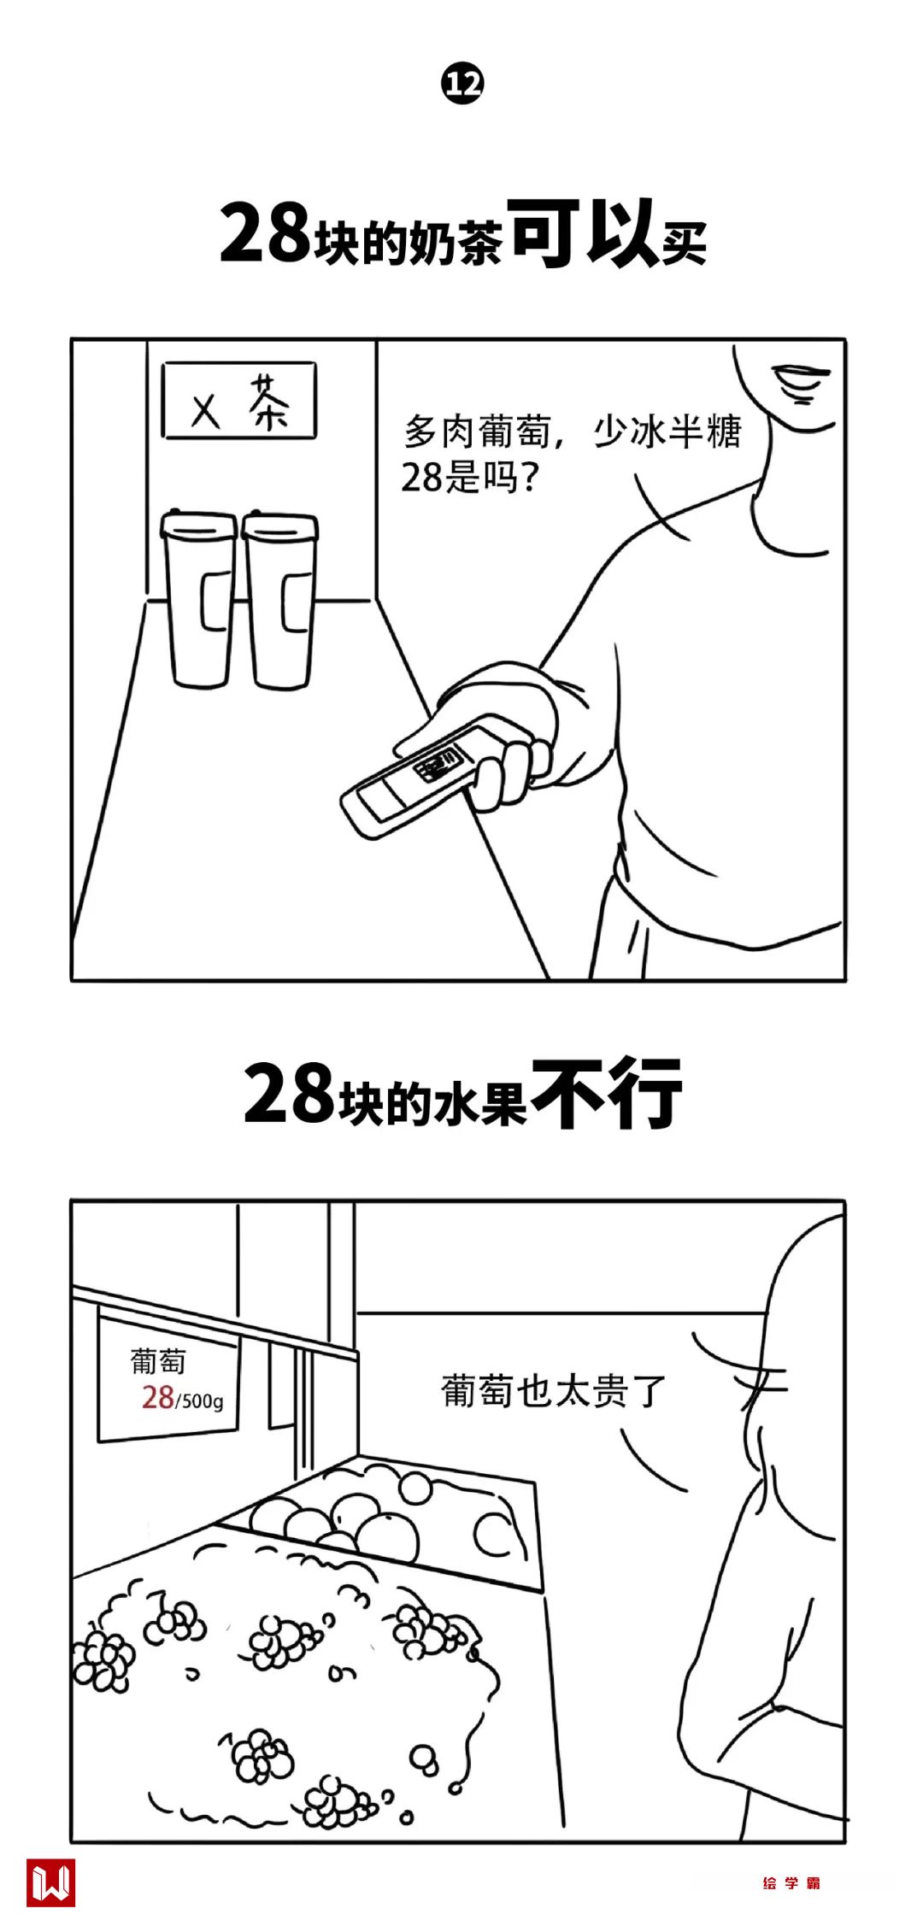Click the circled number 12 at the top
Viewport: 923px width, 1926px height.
461,85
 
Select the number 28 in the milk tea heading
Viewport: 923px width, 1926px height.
264,234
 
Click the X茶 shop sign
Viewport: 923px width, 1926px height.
239,401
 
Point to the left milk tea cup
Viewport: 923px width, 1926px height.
199,599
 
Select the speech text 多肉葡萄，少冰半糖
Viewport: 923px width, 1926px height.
573,432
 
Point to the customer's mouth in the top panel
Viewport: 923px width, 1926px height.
800,381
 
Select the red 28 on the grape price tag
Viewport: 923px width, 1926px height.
158,1397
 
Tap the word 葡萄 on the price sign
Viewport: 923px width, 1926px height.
157,1361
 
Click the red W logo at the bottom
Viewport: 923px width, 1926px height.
51,1882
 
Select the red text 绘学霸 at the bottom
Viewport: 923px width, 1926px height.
791,1883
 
